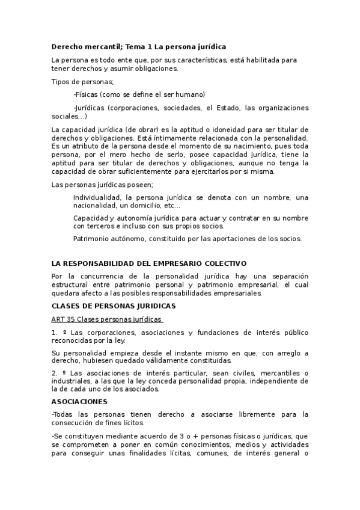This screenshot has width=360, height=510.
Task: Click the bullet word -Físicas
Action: coord(85,94)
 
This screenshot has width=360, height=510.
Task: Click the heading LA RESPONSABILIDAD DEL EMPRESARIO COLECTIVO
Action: coord(149,263)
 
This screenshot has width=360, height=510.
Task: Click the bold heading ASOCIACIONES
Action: coord(79,401)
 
